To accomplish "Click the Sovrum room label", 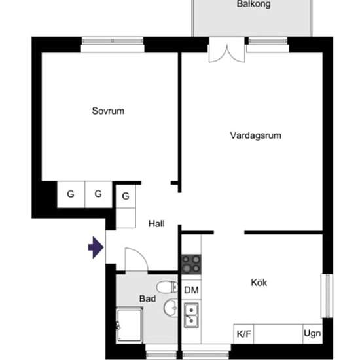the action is pyautogui.click(x=108, y=111).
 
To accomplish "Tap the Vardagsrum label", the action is pyautogui.click(x=255, y=135).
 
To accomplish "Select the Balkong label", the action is pyautogui.click(x=253, y=4).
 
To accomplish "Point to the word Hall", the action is pyautogui.click(x=156, y=224).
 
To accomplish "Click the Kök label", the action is pyautogui.click(x=259, y=282).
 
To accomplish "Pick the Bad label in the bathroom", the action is pyautogui.click(x=148, y=298).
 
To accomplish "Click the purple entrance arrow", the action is pyautogui.click(x=96, y=247).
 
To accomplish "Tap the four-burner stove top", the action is pyautogui.click(x=191, y=264).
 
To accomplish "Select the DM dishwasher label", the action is pyautogui.click(x=191, y=290).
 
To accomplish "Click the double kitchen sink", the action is pyautogui.click(x=191, y=315).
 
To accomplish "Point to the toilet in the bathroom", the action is pyautogui.click(x=167, y=287).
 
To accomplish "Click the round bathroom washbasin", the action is pyautogui.click(x=171, y=308).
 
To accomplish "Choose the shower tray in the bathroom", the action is pyautogui.click(x=129, y=325).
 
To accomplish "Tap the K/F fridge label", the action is pyautogui.click(x=244, y=334).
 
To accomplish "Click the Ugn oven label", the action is pyautogui.click(x=312, y=333).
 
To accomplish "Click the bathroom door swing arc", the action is pyautogui.click(x=141, y=255).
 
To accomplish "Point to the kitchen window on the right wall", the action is pyautogui.click(x=327, y=296).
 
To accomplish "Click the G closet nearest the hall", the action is pyautogui.click(x=126, y=196).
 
